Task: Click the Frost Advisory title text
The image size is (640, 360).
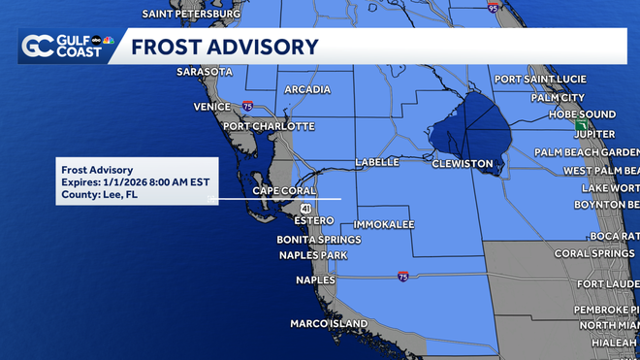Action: click(x=224, y=47)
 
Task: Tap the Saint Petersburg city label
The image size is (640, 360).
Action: click(x=191, y=15)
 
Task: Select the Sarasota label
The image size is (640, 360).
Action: click(x=206, y=72)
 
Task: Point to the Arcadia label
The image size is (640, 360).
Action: click(x=308, y=90)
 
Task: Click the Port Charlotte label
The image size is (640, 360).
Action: click(x=269, y=126)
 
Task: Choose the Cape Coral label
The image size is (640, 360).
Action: click(x=287, y=190)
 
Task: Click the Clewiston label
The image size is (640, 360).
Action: click(x=463, y=164)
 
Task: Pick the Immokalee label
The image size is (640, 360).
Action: click(x=391, y=224)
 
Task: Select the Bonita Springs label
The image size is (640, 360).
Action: click(x=319, y=239)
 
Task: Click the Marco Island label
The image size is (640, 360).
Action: click(x=329, y=323)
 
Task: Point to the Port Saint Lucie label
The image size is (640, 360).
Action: click(x=540, y=79)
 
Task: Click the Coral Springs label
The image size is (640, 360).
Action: click(x=595, y=254)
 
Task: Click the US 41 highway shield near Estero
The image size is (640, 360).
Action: click(x=305, y=208)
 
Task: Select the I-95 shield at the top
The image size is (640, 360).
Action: click(x=494, y=8)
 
